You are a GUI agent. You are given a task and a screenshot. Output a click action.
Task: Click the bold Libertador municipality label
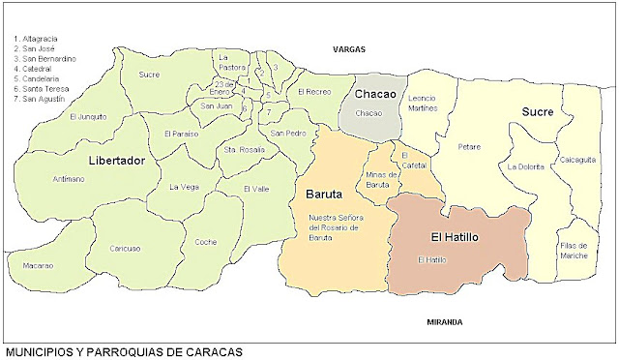115,160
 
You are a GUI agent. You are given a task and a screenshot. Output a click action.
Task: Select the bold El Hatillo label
455,235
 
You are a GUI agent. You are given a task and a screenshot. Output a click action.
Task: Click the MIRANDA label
444,321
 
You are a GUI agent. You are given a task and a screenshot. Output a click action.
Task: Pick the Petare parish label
470,148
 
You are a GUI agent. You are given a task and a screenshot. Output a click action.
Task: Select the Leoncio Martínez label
424,103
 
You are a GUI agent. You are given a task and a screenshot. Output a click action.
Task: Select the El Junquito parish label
88,117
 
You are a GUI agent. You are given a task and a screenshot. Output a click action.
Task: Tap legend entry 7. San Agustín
39,99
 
